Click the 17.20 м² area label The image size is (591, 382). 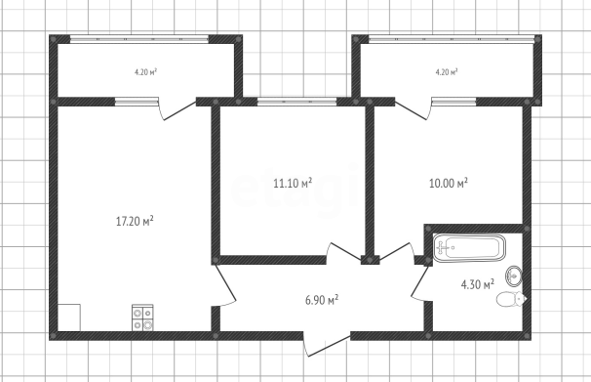pyautogui.click(x=135, y=221)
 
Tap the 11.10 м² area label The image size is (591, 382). pyautogui.click(x=293, y=183)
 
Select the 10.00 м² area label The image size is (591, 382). pyautogui.click(x=449, y=183)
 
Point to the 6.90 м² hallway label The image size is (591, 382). pyautogui.click(x=322, y=300)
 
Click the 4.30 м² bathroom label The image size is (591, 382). pyautogui.click(x=478, y=284)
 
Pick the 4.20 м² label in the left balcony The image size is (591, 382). pyautogui.click(x=145, y=71)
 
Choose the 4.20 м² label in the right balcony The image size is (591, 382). pyautogui.click(x=447, y=71)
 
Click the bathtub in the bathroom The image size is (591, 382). pyautogui.click(x=469, y=248)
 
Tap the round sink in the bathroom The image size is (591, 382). pyautogui.click(x=514, y=276)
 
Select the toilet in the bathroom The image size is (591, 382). pyautogui.click(x=511, y=300)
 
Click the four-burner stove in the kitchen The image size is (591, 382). pyautogui.click(x=142, y=318)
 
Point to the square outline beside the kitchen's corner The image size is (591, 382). pyautogui.click(x=69, y=318)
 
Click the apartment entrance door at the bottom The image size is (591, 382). pyautogui.click(x=327, y=344)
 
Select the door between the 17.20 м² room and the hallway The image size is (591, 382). pyautogui.click(x=225, y=285)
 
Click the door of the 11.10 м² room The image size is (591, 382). pyautogui.click(x=343, y=253)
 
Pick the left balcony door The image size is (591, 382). pyautogui.click(x=177, y=108)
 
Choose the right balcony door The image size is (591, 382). pyautogui.click(x=414, y=108)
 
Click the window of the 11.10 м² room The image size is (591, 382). pyautogui.click(x=297, y=102)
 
